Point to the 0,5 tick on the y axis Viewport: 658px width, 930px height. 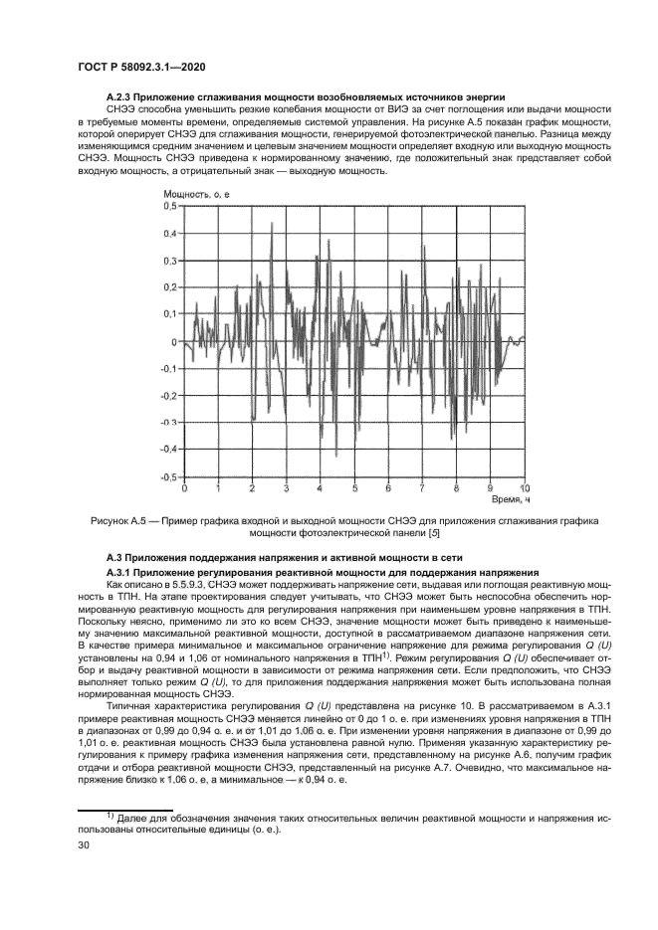[170, 206]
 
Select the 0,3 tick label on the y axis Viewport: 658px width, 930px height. [170, 261]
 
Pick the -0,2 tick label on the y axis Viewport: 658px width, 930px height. [168, 396]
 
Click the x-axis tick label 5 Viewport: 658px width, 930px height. [354, 489]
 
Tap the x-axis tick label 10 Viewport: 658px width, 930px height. [525, 488]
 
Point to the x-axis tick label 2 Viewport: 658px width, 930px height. [252, 489]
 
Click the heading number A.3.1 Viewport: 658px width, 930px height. [120, 573]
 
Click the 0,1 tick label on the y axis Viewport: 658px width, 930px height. [170, 314]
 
